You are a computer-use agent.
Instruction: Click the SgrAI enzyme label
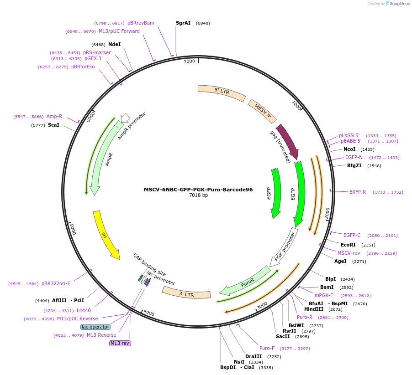pos(183,23)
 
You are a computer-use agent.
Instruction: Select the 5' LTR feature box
pos(222,92)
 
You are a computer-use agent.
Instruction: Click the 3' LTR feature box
pos(186,293)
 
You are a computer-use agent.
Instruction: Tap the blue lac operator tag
pos(95,327)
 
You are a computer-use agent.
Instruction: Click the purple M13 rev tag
pos(120,343)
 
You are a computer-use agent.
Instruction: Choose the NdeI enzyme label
pos(115,44)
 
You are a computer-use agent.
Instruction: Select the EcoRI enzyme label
pos(348,245)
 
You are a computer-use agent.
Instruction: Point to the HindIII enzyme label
pos(314,309)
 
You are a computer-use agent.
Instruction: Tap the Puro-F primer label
pos(267,348)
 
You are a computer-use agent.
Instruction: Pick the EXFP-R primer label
pos(358,192)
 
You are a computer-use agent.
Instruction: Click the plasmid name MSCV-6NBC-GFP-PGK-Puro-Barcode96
pos(198,190)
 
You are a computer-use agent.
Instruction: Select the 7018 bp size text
pos(198,195)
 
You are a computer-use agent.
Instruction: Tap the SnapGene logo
pos(396,4)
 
